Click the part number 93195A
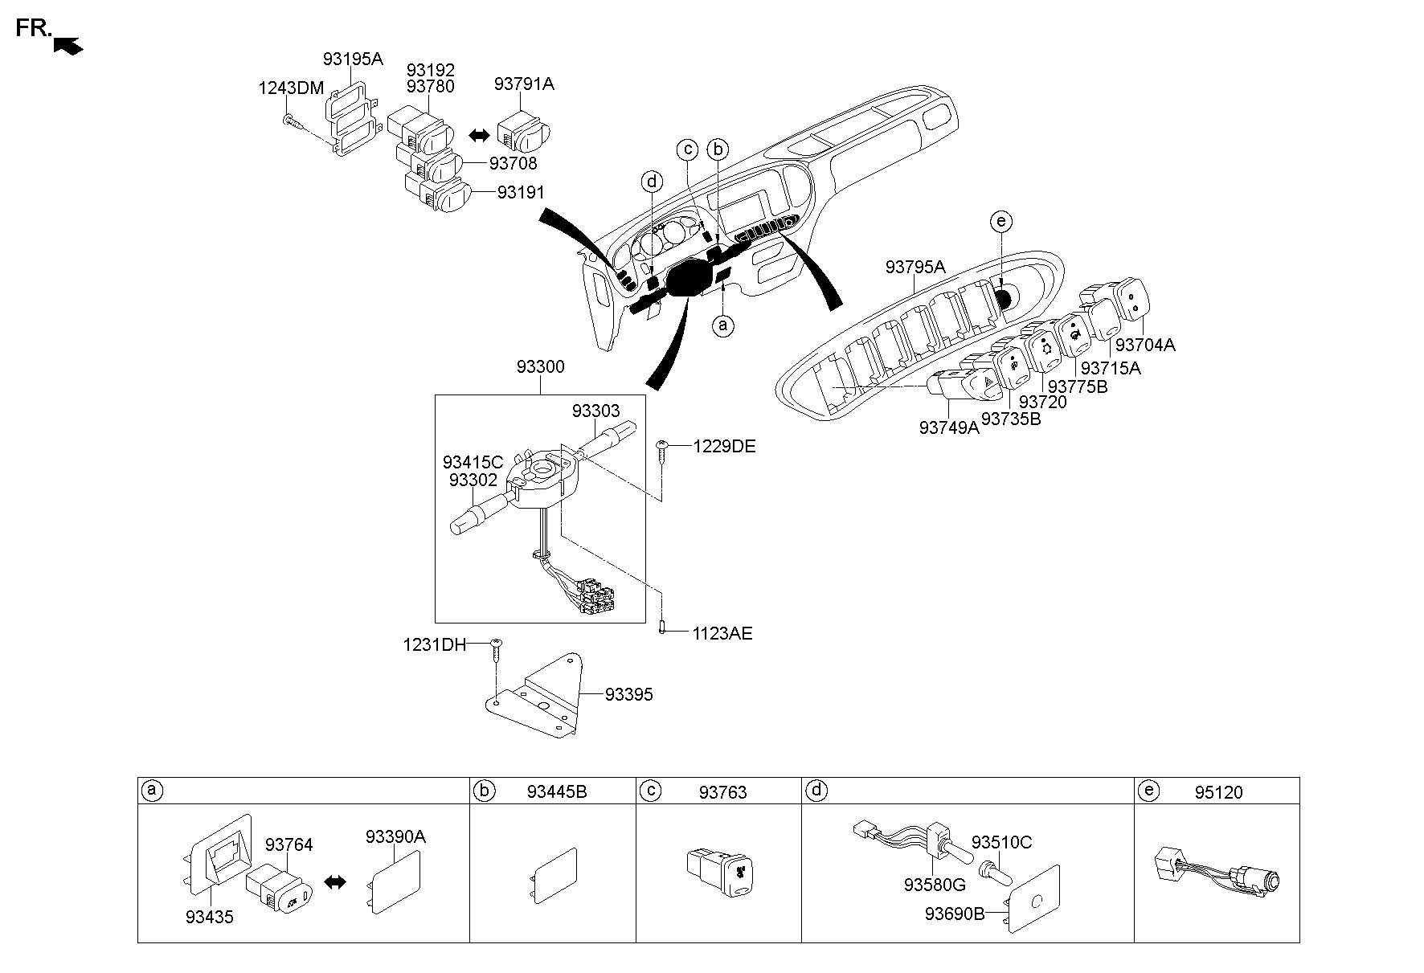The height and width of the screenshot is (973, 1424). pos(353,59)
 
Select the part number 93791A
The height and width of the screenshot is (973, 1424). pos(524,84)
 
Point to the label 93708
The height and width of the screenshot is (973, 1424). pos(513,164)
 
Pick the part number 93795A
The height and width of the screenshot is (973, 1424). pos(915,267)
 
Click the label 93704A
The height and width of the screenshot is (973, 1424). pos(1145,345)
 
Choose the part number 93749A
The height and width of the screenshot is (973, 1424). pos(949,428)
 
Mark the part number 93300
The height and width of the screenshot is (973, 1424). pos(540,367)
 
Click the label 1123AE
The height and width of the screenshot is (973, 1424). pos(722,634)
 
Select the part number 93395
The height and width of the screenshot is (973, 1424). pos(628,695)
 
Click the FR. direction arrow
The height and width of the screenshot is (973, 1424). pos(68,47)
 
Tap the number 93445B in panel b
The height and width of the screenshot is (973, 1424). pos(557,792)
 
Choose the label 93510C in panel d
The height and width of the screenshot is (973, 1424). pos(1001,843)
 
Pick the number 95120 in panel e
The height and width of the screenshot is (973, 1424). pos(1218,792)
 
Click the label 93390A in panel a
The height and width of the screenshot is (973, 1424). pos(395,836)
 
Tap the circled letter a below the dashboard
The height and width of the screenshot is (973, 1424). pos(723,325)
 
